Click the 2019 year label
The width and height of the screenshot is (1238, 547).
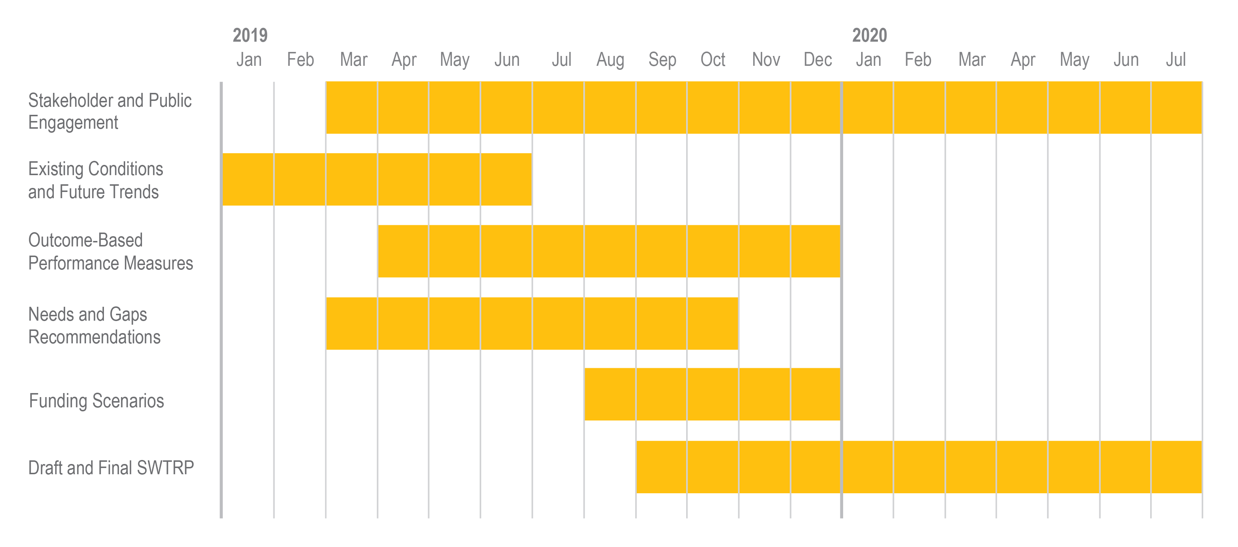pos(250,35)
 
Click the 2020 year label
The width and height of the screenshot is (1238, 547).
pos(869,35)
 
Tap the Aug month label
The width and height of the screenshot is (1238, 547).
pos(610,60)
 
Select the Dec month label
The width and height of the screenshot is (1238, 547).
pos(818,60)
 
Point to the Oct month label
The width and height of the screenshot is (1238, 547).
pos(713,60)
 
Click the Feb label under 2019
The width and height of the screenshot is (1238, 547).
pos(300,60)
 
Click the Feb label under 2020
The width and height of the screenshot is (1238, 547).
pos(918,60)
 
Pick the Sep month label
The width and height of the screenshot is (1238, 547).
pos(662,60)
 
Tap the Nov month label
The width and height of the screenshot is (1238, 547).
pos(766,60)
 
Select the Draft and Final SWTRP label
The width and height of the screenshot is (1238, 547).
pos(111,467)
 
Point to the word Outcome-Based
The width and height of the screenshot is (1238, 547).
pos(86,240)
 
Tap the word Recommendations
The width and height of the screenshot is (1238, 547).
pos(94,337)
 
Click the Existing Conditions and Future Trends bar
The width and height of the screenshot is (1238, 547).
pos(377,179)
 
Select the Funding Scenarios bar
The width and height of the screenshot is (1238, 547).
pos(712,394)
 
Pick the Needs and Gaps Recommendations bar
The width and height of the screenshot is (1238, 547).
pos(532,323)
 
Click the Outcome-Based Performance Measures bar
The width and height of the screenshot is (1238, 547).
pos(609,251)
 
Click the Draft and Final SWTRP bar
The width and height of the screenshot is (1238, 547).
pos(919,467)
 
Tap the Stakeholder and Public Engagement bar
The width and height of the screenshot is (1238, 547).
pos(764,107)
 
